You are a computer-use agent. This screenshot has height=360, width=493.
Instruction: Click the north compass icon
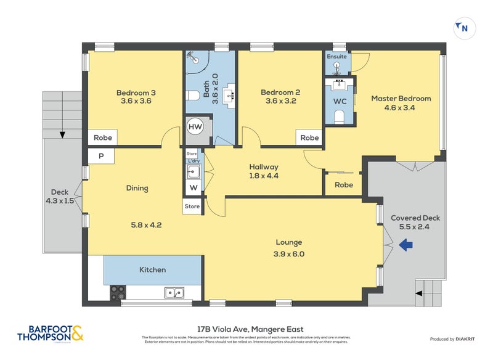[x=463, y=27]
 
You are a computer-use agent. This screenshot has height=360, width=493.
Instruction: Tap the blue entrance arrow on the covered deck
[x=406, y=246]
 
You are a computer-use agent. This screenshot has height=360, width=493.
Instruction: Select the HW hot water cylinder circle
[x=195, y=127]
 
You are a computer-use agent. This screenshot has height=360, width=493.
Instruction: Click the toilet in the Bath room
[x=192, y=96]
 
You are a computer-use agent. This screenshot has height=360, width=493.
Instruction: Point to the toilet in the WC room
[x=339, y=117]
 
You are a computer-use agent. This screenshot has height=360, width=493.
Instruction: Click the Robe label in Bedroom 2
[x=309, y=138]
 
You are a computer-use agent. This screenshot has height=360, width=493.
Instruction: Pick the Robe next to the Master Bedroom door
[x=343, y=185]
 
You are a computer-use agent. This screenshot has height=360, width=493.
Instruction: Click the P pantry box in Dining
[x=101, y=157]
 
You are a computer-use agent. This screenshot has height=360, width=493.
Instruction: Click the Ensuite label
[x=338, y=57]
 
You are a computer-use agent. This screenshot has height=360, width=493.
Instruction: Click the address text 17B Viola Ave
[x=247, y=329]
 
